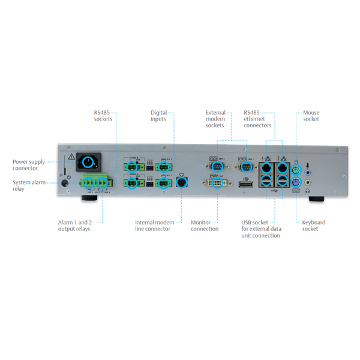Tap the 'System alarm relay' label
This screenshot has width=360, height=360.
point(29,185)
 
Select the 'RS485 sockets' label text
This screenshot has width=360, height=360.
point(103,115)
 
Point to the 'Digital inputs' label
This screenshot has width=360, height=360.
point(158,115)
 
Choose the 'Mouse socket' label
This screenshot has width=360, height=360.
point(311,115)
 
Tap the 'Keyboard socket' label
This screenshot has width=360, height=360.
point(313,225)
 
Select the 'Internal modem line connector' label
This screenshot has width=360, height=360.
point(154,225)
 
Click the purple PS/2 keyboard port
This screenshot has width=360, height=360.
point(295,183)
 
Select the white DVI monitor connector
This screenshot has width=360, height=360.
point(217,183)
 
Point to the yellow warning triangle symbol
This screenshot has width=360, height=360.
point(71,157)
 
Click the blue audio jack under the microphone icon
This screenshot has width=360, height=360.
point(308,172)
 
